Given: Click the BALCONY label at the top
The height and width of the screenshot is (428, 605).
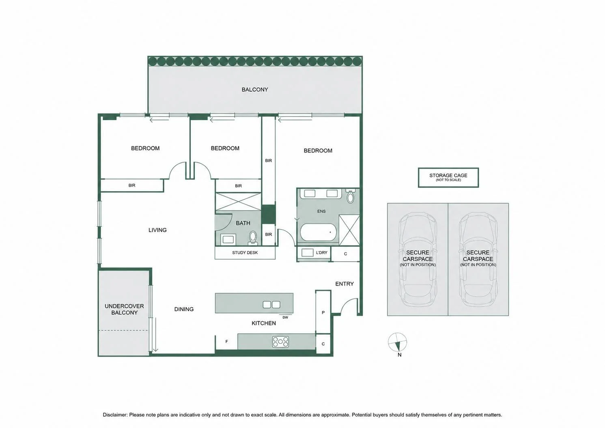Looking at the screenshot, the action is pos(255,90).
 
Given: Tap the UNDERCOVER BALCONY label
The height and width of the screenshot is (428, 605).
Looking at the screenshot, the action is pos(124,309).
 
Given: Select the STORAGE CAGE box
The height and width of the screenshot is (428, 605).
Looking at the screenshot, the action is pos(448,177).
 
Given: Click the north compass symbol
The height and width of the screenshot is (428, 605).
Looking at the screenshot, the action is pos(397,343).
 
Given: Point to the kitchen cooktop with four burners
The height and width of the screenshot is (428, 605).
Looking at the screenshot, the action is pos(280,342).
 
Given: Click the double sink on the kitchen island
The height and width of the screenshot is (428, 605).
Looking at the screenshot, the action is pos(271,305).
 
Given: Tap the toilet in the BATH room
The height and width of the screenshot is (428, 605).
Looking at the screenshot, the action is pos(253,238).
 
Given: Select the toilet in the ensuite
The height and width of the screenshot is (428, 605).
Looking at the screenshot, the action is pos(350,196).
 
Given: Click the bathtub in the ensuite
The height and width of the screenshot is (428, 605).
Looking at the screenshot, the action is pos(319,232).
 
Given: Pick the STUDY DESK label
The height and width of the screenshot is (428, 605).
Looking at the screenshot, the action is pos(245,253).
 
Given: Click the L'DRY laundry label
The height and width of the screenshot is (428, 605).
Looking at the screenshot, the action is pos(321,253).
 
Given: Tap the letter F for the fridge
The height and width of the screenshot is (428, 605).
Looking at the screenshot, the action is pos(226,342).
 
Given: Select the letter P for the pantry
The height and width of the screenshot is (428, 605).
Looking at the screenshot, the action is pos(323,313).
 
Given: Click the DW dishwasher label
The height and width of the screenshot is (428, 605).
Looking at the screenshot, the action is pos(285,317).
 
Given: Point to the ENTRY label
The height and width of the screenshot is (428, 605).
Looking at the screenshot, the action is pos(344,284).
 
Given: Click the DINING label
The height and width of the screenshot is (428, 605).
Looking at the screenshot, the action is pos(184,309).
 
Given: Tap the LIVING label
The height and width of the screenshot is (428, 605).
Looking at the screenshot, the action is pos(157,230).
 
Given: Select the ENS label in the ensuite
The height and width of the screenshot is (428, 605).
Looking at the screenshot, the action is pos(321,211).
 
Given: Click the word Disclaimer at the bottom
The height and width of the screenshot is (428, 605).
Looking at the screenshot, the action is pos(114,415).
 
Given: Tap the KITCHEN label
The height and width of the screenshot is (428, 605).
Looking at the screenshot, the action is pos(264,323).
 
